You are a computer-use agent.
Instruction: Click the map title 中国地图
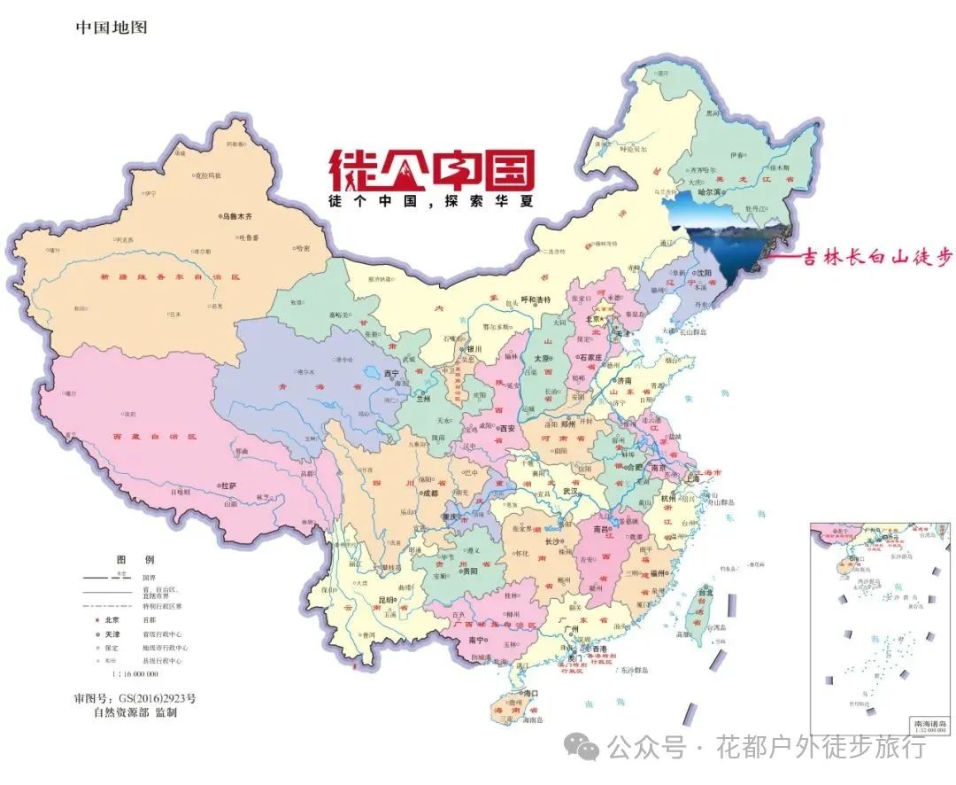(x=112, y=27)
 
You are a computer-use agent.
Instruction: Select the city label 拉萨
(x=230, y=486)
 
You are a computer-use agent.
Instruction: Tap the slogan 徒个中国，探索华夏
(x=432, y=201)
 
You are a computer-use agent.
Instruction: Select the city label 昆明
(x=387, y=601)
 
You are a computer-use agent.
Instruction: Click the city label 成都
(x=429, y=494)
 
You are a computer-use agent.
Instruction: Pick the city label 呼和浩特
(x=536, y=299)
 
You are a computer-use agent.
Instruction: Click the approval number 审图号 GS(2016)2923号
(x=135, y=698)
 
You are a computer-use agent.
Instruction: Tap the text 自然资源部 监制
(x=135, y=712)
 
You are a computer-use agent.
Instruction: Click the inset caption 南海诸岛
(x=929, y=724)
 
